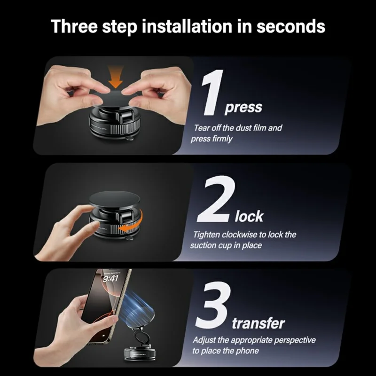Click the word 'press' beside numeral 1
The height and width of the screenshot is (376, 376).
(x=243, y=108)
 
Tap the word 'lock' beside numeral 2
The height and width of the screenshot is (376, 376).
(x=249, y=217)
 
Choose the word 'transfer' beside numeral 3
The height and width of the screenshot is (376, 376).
(x=258, y=323)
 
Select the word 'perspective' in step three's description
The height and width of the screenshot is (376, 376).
(x=295, y=340)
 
